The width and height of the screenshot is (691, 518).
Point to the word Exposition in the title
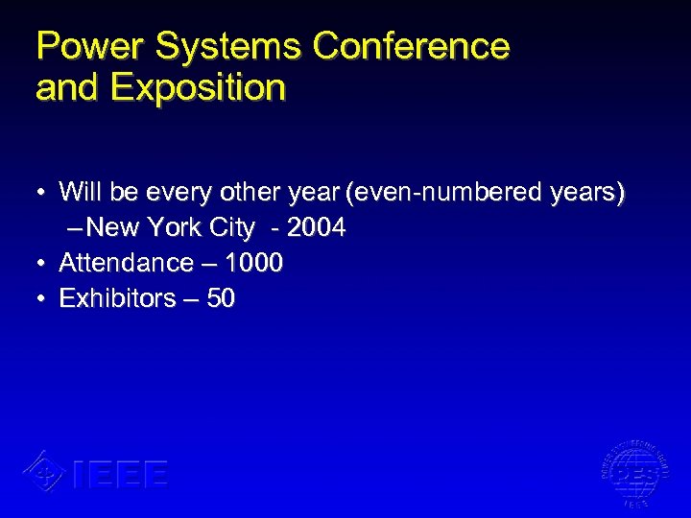(x=199, y=87)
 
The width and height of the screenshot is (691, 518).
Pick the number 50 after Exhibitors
(x=221, y=298)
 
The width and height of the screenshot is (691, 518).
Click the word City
(x=231, y=227)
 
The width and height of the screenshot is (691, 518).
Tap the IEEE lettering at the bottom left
(x=120, y=474)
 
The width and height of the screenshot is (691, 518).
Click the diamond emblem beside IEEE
(x=43, y=471)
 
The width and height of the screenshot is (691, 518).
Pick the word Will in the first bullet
(x=80, y=193)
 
